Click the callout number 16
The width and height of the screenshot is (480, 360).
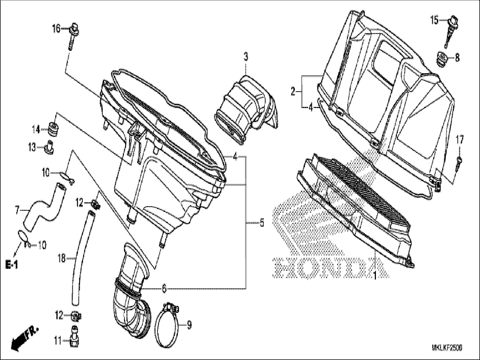point(56,28)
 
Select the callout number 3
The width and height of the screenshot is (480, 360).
point(246,57)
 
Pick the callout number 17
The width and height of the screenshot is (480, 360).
point(460,139)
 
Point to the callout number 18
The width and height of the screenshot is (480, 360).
point(61,258)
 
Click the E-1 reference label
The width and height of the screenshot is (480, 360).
point(12,264)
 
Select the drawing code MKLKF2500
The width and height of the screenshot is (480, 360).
point(447,348)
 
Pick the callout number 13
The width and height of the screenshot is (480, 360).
point(32,147)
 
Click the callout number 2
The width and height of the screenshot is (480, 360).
point(293,91)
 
